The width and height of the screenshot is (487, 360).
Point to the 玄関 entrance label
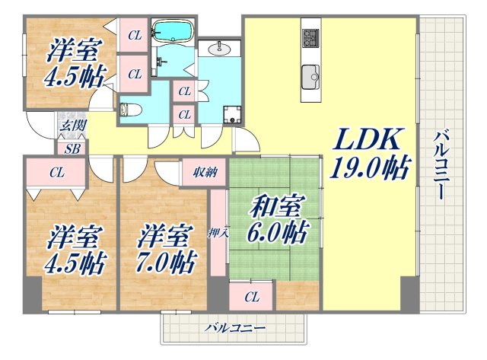pos(73,125)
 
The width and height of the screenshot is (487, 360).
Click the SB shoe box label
pos(73,148)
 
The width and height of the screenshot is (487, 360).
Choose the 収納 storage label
pos(204,173)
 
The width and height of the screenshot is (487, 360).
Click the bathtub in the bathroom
pos(173,32)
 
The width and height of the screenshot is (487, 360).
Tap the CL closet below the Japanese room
pos(252,296)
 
